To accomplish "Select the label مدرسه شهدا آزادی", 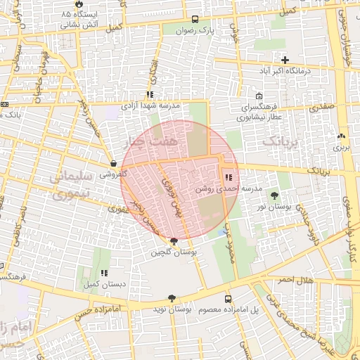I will tap(150, 105).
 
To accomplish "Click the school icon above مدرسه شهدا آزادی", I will tap(150, 94).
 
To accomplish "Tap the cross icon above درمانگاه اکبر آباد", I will tap(285, 60).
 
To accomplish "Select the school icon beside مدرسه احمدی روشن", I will tap(229, 176).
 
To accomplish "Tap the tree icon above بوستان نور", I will tap(274, 196).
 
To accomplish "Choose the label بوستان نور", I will tap(274, 207).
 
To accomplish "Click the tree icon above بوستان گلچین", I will tap(174, 240).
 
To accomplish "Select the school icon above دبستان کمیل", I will tap(104, 272).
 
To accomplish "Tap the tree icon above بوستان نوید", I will tap(170, 298).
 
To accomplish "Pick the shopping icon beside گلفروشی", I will tap(114, 163).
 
